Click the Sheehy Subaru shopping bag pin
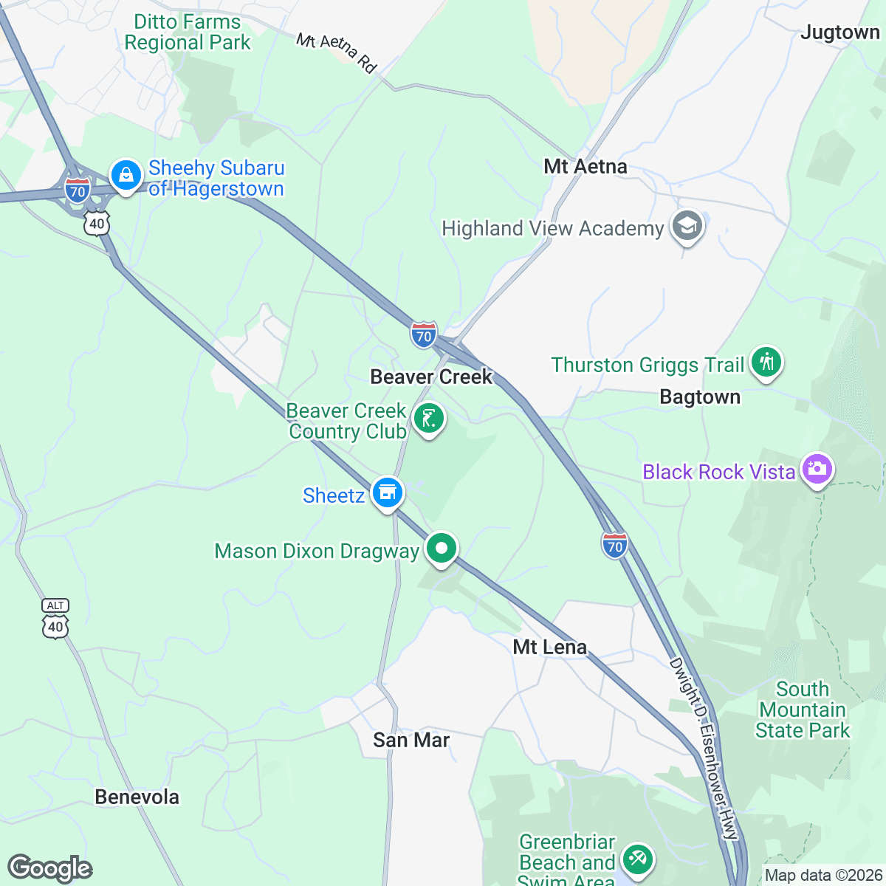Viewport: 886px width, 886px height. pyautogui.click(x=126, y=176)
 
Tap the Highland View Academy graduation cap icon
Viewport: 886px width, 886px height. pyautogui.click(x=687, y=227)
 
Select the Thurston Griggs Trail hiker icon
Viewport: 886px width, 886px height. pyautogui.click(x=766, y=363)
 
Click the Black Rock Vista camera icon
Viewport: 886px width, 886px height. pyautogui.click(x=817, y=470)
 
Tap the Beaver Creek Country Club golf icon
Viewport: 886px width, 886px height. pyautogui.click(x=428, y=419)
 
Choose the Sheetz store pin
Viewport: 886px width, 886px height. pyautogui.click(x=387, y=492)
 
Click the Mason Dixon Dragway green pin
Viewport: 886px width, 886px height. pyautogui.click(x=441, y=549)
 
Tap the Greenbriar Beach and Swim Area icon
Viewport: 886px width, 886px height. pyautogui.click(x=636, y=859)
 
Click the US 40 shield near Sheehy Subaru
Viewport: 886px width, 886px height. pyautogui.click(x=97, y=223)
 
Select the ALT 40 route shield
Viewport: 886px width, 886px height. pyautogui.click(x=55, y=619)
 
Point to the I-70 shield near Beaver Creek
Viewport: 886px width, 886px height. pyautogui.click(x=424, y=334)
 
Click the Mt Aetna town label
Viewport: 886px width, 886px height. pyautogui.click(x=585, y=167)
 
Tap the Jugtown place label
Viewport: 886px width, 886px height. pyautogui.click(x=840, y=32)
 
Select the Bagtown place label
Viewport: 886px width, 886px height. pyautogui.click(x=699, y=397)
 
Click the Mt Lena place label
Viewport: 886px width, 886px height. pyautogui.click(x=550, y=648)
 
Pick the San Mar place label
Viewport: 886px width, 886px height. pyautogui.click(x=411, y=740)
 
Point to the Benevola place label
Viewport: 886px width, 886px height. pyautogui.click(x=137, y=797)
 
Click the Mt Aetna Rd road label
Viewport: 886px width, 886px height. pyautogui.click(x=337, y=52)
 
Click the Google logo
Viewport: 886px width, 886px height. pyautogui.click(x=49, y=869)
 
